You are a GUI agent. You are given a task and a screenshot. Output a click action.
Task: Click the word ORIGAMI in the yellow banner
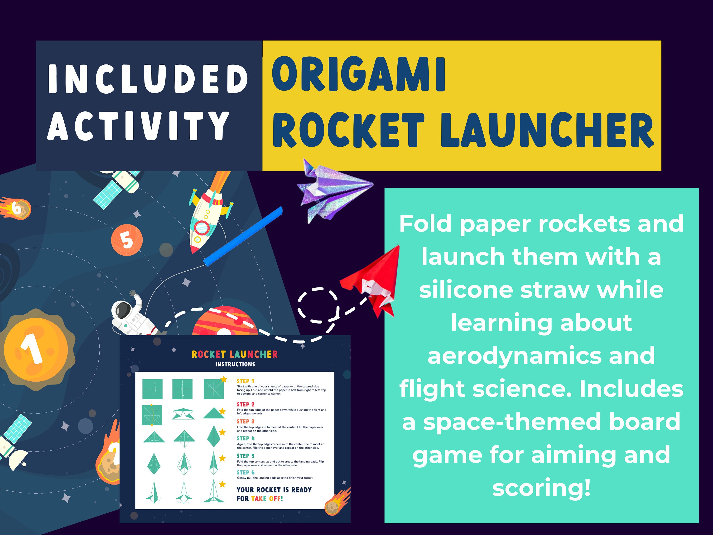coord(358,75)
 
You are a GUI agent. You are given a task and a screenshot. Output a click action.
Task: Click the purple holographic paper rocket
coord(334,190)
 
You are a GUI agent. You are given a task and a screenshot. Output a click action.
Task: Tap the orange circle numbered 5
coord(127,240)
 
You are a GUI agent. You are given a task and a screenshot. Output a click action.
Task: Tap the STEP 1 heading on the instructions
coord(245,381)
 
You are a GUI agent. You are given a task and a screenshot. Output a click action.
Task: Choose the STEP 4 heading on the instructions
coord(246,438)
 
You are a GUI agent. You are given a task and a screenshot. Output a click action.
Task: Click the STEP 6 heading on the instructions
coord(246,472)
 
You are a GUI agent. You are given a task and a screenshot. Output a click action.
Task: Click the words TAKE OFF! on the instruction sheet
coord(267,499)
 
